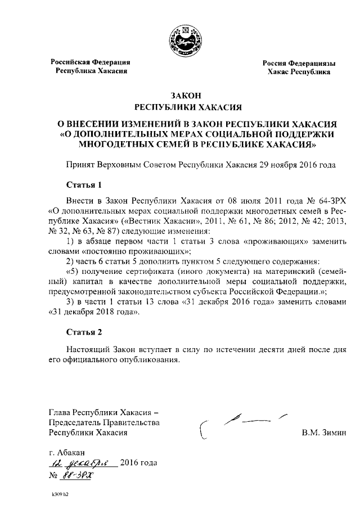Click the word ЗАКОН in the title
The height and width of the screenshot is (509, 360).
tap(180, 95)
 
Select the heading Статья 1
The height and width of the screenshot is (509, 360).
tap(84, 184)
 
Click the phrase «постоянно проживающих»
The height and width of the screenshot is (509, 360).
tap(137, 251)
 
